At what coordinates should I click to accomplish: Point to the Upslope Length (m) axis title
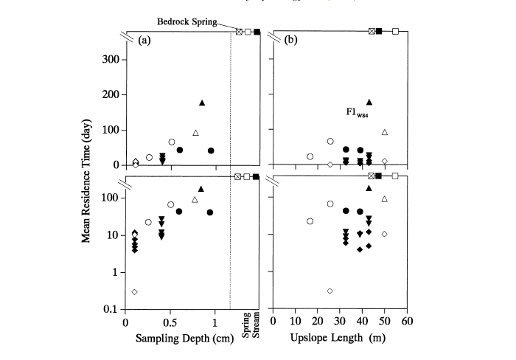click(336, 339)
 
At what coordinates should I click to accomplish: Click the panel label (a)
click(144, 41)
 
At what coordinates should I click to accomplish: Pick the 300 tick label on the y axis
click(110, 59)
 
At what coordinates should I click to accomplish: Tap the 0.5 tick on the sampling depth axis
click(170, 323)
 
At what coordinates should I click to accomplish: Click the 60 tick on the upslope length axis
click(406, 323)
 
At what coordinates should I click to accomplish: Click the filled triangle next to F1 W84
click(369, 102)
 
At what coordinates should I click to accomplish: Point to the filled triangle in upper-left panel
click(202, 103)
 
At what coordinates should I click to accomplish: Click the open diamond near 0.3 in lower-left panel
click(135, 292)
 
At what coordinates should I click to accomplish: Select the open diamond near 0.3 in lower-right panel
click(330, 291)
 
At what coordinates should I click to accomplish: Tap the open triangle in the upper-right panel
click(385, 133)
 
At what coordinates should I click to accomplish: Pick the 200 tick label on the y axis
click(110, 94)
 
